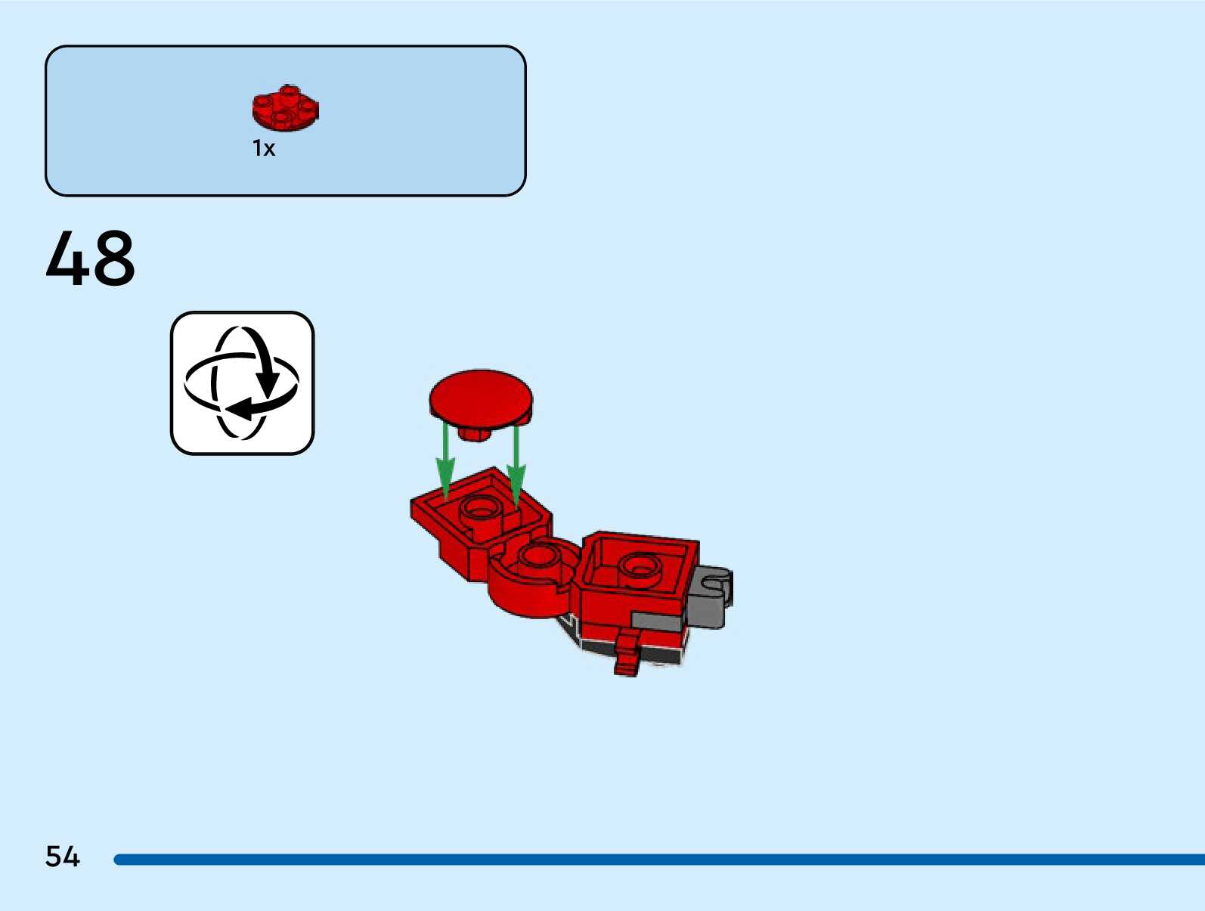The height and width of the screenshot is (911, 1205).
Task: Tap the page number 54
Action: click(63, 857)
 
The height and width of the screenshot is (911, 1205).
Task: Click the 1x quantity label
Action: click(264, 149)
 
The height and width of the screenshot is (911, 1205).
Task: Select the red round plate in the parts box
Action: click(285, 108)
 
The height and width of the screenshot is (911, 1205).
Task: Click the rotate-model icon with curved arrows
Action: click(242, 383)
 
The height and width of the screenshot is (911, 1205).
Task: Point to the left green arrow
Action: click(445, 461)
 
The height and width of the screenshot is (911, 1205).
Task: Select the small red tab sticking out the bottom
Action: click(627, 654)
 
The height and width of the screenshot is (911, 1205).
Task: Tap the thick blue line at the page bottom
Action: click(658, 860)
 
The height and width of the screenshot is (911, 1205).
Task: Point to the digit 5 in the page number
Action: click(54, 857)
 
